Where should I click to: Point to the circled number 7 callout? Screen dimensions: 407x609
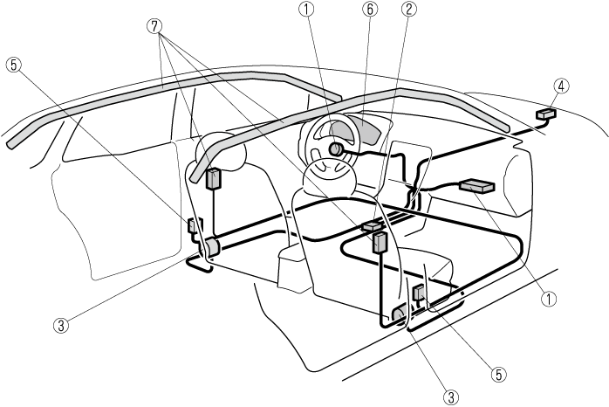click(x=156, y=26)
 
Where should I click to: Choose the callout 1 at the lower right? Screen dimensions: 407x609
click(x=549, y=297)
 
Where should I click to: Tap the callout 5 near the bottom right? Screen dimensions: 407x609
click(x=498, y=372)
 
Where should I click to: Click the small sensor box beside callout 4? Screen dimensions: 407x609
click(x=547, y=114)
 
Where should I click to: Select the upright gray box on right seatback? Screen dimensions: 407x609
click(x=380, y=242)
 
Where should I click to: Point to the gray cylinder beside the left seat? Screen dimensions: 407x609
click(x=210, y=248)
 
